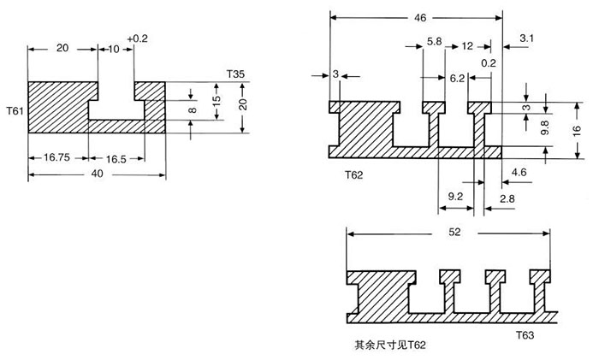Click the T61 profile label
(x=15, y=111)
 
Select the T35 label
(x=236, y=75)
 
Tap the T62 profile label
(x=354, y=174)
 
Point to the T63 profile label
(x=525, y=336)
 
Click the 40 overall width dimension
(x=97, y=174)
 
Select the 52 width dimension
(x=446, y=232)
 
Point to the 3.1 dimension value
(x=526, y=38)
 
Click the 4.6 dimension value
(x=519, y=173)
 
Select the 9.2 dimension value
(x=456, y=197)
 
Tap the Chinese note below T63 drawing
(x=389, y=346)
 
